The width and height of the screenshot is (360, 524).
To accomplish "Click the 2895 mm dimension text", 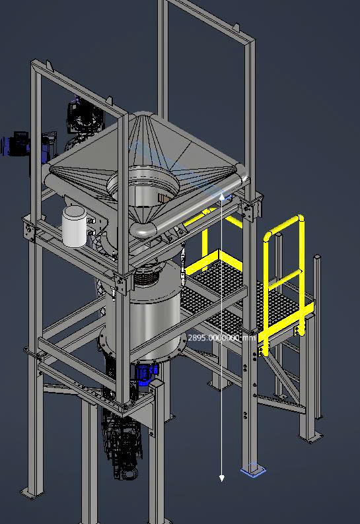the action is tap(222, 338).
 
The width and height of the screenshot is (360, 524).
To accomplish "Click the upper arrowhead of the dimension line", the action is tap(222, 197).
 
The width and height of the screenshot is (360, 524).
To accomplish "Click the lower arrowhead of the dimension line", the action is tap(221, 478).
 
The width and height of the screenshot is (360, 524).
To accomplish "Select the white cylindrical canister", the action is tap(74, 226).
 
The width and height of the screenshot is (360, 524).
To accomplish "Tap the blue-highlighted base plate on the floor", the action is tap(253, 469).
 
